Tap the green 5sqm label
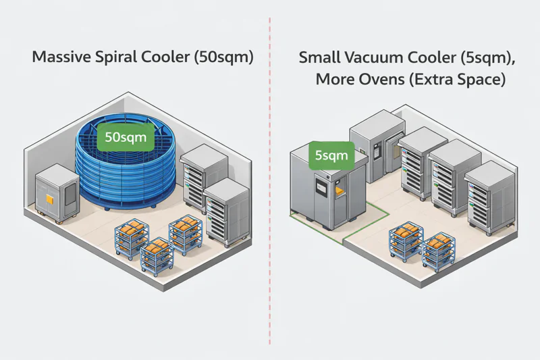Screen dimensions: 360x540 click(x=331, y=157)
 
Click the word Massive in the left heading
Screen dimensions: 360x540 click(x=60, y=57)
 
